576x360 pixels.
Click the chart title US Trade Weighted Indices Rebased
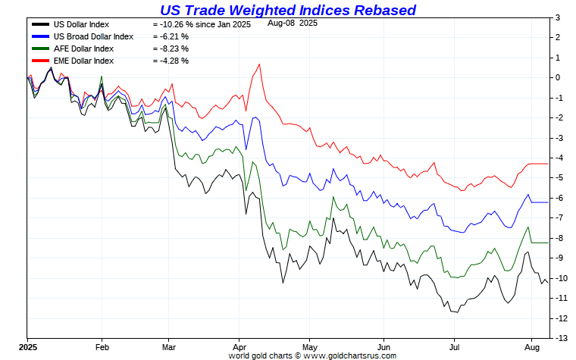click(288, 10)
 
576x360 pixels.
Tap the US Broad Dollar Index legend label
click(93, 36)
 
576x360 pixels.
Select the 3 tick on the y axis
click(557, 17)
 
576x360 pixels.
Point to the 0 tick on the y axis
click(557, 77)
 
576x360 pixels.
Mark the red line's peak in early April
click(260, 64)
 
